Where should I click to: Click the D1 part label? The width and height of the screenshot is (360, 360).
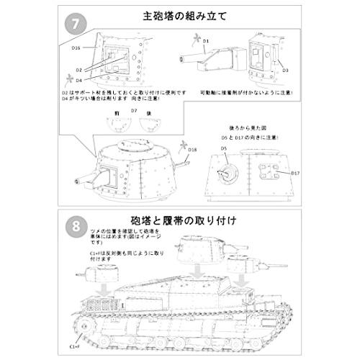(205, 42)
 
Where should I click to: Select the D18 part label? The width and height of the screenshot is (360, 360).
(192, 149)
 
